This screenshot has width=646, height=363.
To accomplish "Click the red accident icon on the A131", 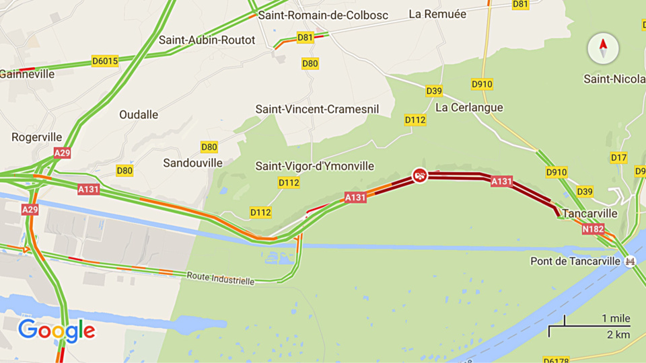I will tap(420, 175).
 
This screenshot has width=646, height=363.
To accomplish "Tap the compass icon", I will tap(602, 48).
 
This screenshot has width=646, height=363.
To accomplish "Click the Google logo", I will tap(57, 330).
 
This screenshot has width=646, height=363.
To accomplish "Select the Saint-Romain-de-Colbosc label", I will tap(323, 15).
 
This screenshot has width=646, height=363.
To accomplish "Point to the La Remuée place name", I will tap(438, 13).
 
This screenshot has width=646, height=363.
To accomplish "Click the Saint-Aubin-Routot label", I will tap(207, 40).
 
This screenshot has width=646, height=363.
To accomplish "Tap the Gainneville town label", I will tap(27, 74).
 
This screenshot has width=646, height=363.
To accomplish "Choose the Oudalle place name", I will tap(139, 114).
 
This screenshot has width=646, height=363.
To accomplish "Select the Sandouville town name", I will tap(192, 163).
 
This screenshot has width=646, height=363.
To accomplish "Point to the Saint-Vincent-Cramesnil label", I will tap(317, 109).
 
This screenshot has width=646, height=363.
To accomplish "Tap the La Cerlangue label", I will tap(469, 108).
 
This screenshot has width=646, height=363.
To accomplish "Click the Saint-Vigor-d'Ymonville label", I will tap(315, 166).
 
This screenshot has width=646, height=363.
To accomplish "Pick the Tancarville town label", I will tap(589, 213).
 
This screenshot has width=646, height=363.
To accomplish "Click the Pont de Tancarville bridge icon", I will tap(630, 261).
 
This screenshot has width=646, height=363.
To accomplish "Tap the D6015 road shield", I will tap(105, 61).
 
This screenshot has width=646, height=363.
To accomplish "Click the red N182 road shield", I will tap(593, 229).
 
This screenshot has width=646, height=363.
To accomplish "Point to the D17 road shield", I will tap(619, 157).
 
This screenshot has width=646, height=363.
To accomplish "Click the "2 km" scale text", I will tap(618, 334).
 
